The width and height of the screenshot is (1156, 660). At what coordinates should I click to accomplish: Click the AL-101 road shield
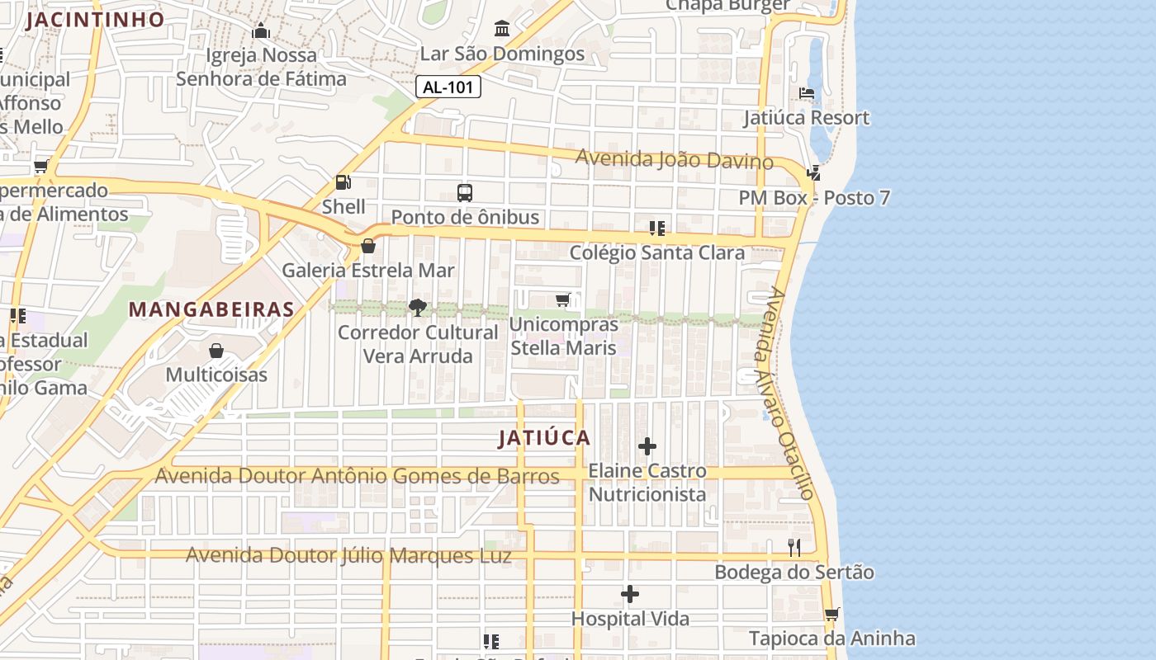pyautogui.click(x=448, y=87)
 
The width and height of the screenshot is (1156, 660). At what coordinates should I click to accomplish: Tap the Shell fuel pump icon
pyautogui.click(x=343, y=182)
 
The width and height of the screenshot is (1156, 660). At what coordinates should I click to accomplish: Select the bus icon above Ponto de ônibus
pyautogui.click(x=465, y=193)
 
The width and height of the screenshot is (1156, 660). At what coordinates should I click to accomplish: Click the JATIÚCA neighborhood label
pyautogui.click(x=544, y=438)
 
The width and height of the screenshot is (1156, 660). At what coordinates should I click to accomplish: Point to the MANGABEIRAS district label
pyautogui.click(x=211, y=309)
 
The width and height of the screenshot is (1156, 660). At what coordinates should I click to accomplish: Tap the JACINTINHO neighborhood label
pyautogui.click(x=95, y=20)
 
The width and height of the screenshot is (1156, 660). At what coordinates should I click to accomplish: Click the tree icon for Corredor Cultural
pyautogui.click(x=418, y=308)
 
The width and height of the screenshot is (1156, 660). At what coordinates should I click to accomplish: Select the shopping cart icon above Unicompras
pyautogui.click(x=563, y=299)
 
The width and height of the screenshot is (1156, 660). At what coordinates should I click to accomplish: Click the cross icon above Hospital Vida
pyautogui.click(x=630, y=594)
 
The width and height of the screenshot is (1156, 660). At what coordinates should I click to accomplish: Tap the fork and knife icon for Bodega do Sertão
pyautogui.click(x=794, y=547)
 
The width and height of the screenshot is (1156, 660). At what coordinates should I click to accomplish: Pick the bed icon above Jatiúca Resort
pyautogui.click(x=807, y=93)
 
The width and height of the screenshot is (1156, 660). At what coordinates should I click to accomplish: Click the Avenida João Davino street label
pyautogui.click(x=674, y=158)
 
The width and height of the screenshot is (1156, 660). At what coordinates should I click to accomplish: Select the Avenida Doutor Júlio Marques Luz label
pyautogui.click(x=348, y=555)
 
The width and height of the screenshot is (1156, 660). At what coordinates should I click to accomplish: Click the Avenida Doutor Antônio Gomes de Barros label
pyautogui.click(x=357, y=476)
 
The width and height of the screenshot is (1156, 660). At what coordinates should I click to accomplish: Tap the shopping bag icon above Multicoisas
pyautogui.click(x=216, y=351)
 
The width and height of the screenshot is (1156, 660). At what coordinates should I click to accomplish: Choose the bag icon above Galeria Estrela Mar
pyautogui.click(x=368, y=246)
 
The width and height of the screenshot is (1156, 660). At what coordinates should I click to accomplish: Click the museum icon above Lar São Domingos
pyautogui.click(x=501, y=30)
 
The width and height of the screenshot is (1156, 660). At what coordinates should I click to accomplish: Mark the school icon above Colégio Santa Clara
pyautogui.click(x=657, y=228)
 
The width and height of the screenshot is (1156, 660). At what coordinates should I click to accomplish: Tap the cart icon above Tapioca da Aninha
pyautogui.click(x=831, y=614)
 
